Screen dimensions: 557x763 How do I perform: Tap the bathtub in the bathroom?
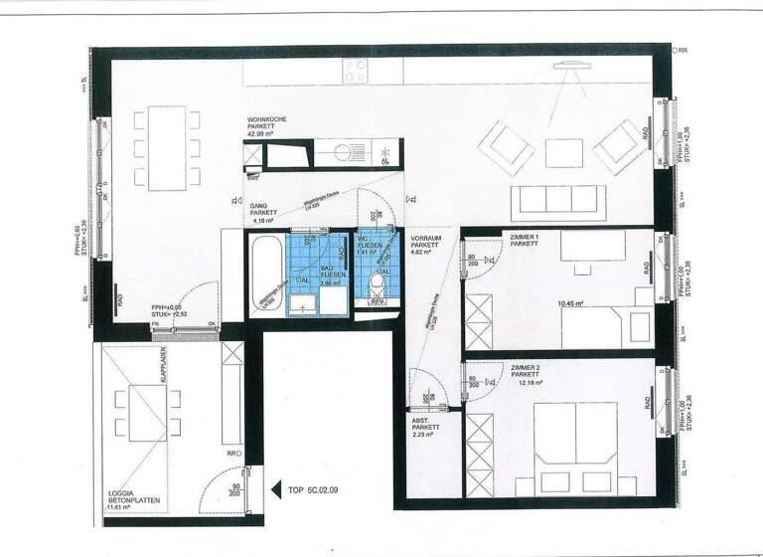point(264,273)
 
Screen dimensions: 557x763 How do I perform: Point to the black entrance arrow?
point(278,489)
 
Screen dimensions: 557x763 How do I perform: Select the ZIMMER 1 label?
point(524,237)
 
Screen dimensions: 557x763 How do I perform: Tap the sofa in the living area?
point(559,203)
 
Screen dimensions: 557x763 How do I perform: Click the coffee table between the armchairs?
point(562,151)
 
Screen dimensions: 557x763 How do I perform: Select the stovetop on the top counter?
point(356,71)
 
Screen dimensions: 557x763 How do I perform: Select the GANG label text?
point(262,210)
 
